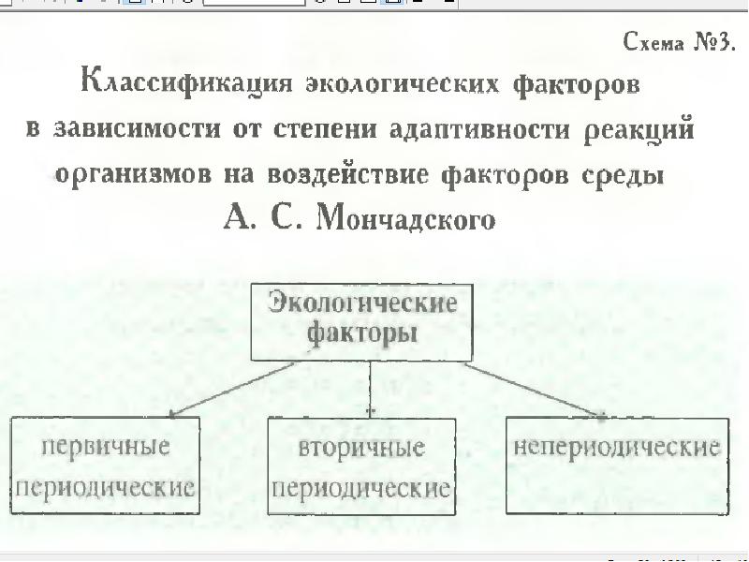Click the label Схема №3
point(679,42)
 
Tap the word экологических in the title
point(403,84)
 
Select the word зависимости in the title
point(137,129)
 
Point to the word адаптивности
point(479,130)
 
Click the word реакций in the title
point(639,129)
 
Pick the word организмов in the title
point(133,174)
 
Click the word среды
point(624,175)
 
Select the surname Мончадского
point(406,219)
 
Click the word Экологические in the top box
point(362,303)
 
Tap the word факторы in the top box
point(361,333)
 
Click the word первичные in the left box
point(106,448)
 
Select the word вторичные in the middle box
point(361,449)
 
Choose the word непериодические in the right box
point(616,448)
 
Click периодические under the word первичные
point(106,488)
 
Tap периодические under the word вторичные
point(361,489)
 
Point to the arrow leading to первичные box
point(231,390)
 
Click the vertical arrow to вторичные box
point(370,390)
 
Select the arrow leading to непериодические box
point(535,391)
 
